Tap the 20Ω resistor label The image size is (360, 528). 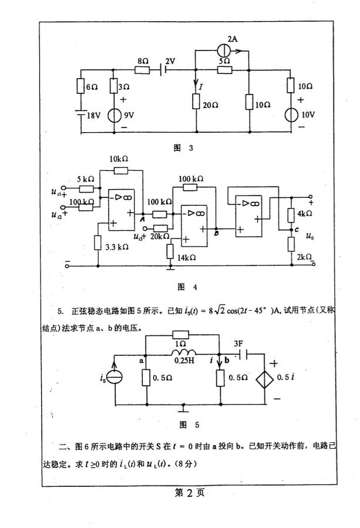click(x=211, y=105)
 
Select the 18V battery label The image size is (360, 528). click(x=94, y=116)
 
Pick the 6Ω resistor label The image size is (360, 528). click(x=92, y=86)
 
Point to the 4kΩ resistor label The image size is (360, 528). click(x=304, y=213)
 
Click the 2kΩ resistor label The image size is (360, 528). click(x=304, y=257)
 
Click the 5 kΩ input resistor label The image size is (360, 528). click(x=86, y=179)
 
